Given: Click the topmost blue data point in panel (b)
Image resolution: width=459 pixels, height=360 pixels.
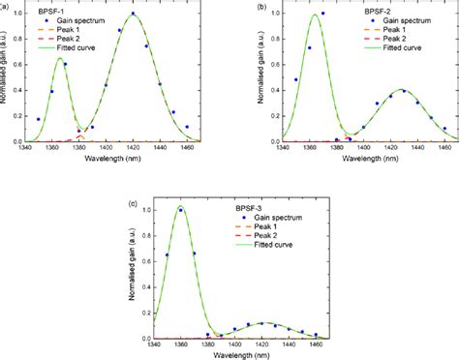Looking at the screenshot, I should point(322,14).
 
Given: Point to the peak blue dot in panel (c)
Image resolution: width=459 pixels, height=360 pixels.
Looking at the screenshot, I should point(180,209).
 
